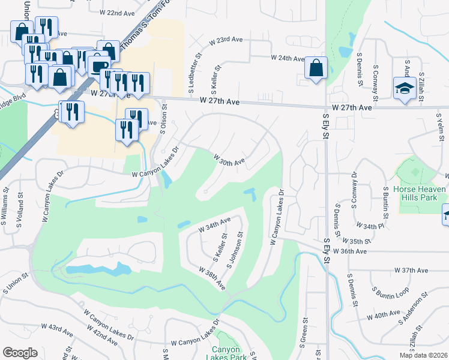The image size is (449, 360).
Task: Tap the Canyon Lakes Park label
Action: point(225,354)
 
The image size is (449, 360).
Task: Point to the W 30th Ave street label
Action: point(230,160)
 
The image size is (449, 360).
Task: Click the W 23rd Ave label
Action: point(226,40)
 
